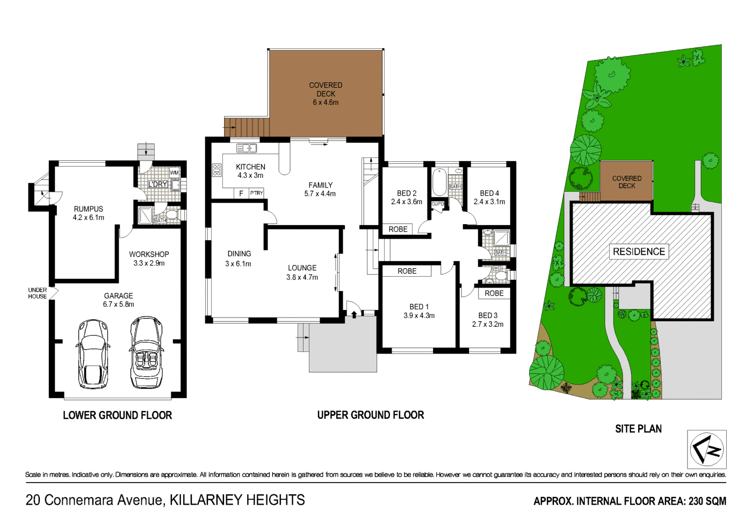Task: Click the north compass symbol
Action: (707, 449)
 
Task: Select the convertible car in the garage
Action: (146, 353)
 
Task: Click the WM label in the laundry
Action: (174, 173)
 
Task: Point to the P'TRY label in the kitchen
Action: (257, 193)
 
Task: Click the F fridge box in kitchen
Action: (241, 193)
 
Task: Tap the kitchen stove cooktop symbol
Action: (216, 170)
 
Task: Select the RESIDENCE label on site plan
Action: (639, 251)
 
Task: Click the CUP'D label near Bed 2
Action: (438, 204)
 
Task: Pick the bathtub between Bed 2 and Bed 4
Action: (439, 183)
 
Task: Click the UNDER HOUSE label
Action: (37, 293)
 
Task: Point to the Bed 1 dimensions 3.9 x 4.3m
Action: (419, 315)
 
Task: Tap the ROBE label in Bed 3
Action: (494, 293)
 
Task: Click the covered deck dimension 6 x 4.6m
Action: (326, 102)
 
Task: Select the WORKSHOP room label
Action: (149, 254)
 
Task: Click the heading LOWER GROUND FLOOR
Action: (117, 415)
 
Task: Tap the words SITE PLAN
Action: (638, 429)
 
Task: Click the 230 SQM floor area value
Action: (707, 501)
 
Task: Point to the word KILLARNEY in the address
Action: (204, 500)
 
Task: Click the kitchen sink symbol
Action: (247, 148)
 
